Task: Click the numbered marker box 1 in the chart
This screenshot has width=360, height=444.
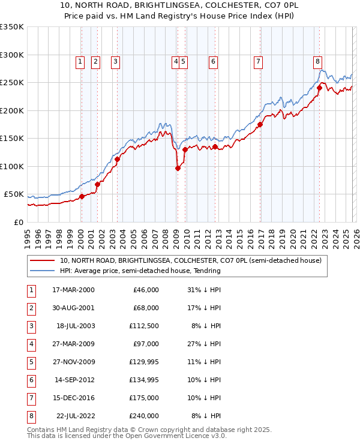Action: click(x=80, y=61)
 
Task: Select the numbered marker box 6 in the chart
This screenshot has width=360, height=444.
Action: click(x=213, y=61)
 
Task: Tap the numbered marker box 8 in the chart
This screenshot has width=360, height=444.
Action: click(x=317, y=61)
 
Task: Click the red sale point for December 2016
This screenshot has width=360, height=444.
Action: click(x=260, y=125)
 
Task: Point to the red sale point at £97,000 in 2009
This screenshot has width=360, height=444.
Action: click(x=178, y=169)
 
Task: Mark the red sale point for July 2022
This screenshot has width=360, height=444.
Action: click(x=319, y=88)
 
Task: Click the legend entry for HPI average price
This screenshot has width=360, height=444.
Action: click(x=140, y=271)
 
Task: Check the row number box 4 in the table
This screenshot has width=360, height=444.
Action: click(x=31, y=345)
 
